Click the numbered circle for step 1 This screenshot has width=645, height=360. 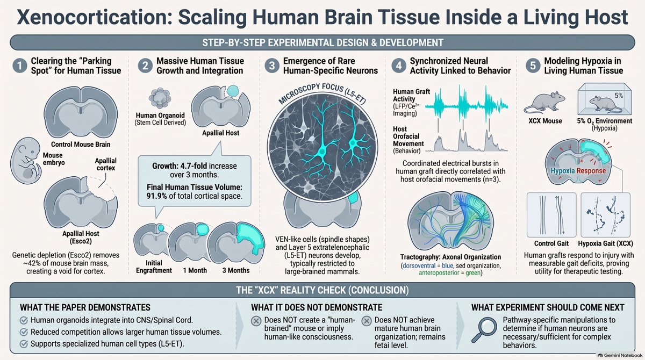(x=20, y=66)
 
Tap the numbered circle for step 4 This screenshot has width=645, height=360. (x=399, y=66)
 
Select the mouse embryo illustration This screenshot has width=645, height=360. (x=26, y=161)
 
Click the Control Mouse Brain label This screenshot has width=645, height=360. (x=81, y=144)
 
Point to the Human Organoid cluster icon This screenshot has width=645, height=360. (x=160, y=98)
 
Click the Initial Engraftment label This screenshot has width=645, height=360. (x=154, y=267)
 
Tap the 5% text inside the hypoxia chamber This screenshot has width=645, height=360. (x=619, y=96)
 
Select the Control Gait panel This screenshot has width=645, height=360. (x=551, y=215)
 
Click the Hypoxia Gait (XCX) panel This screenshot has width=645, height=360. (x=606, y=215)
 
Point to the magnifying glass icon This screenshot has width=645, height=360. (x=484, y=330)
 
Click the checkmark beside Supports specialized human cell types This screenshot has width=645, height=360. (x=24, y=344)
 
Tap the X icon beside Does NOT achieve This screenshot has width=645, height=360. (x=366, y=321)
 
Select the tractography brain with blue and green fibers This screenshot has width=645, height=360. (x=450, y=221)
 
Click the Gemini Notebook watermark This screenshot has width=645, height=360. (x=620, y=355)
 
